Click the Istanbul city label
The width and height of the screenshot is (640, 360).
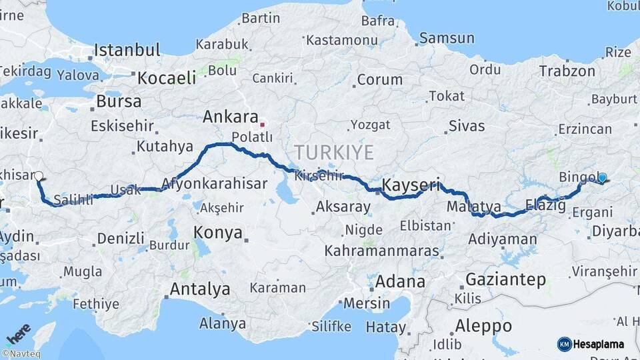pos(127,50)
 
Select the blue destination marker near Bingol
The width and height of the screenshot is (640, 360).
pos(602,178)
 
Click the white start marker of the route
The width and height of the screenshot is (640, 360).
pos(39,177)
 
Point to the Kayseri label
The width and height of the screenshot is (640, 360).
pos(411,185)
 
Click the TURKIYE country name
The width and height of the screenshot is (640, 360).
pos(334,152)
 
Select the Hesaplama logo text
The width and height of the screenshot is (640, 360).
pos(599,344)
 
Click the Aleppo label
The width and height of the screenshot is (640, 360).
pos(484,326)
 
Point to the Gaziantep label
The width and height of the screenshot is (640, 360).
pos(505,279)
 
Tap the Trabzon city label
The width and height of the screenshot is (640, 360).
pos(567,71)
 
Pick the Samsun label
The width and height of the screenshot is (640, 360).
pos(447,38)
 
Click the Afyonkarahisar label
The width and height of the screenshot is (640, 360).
pos(214,183)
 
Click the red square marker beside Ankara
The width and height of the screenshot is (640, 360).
pos(263,124)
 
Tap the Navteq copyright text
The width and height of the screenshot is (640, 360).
pos(21,354)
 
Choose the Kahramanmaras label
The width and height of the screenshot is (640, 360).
pos(382,252)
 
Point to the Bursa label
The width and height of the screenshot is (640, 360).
pos(119,102)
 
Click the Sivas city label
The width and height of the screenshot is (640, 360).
pos(467,125)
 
